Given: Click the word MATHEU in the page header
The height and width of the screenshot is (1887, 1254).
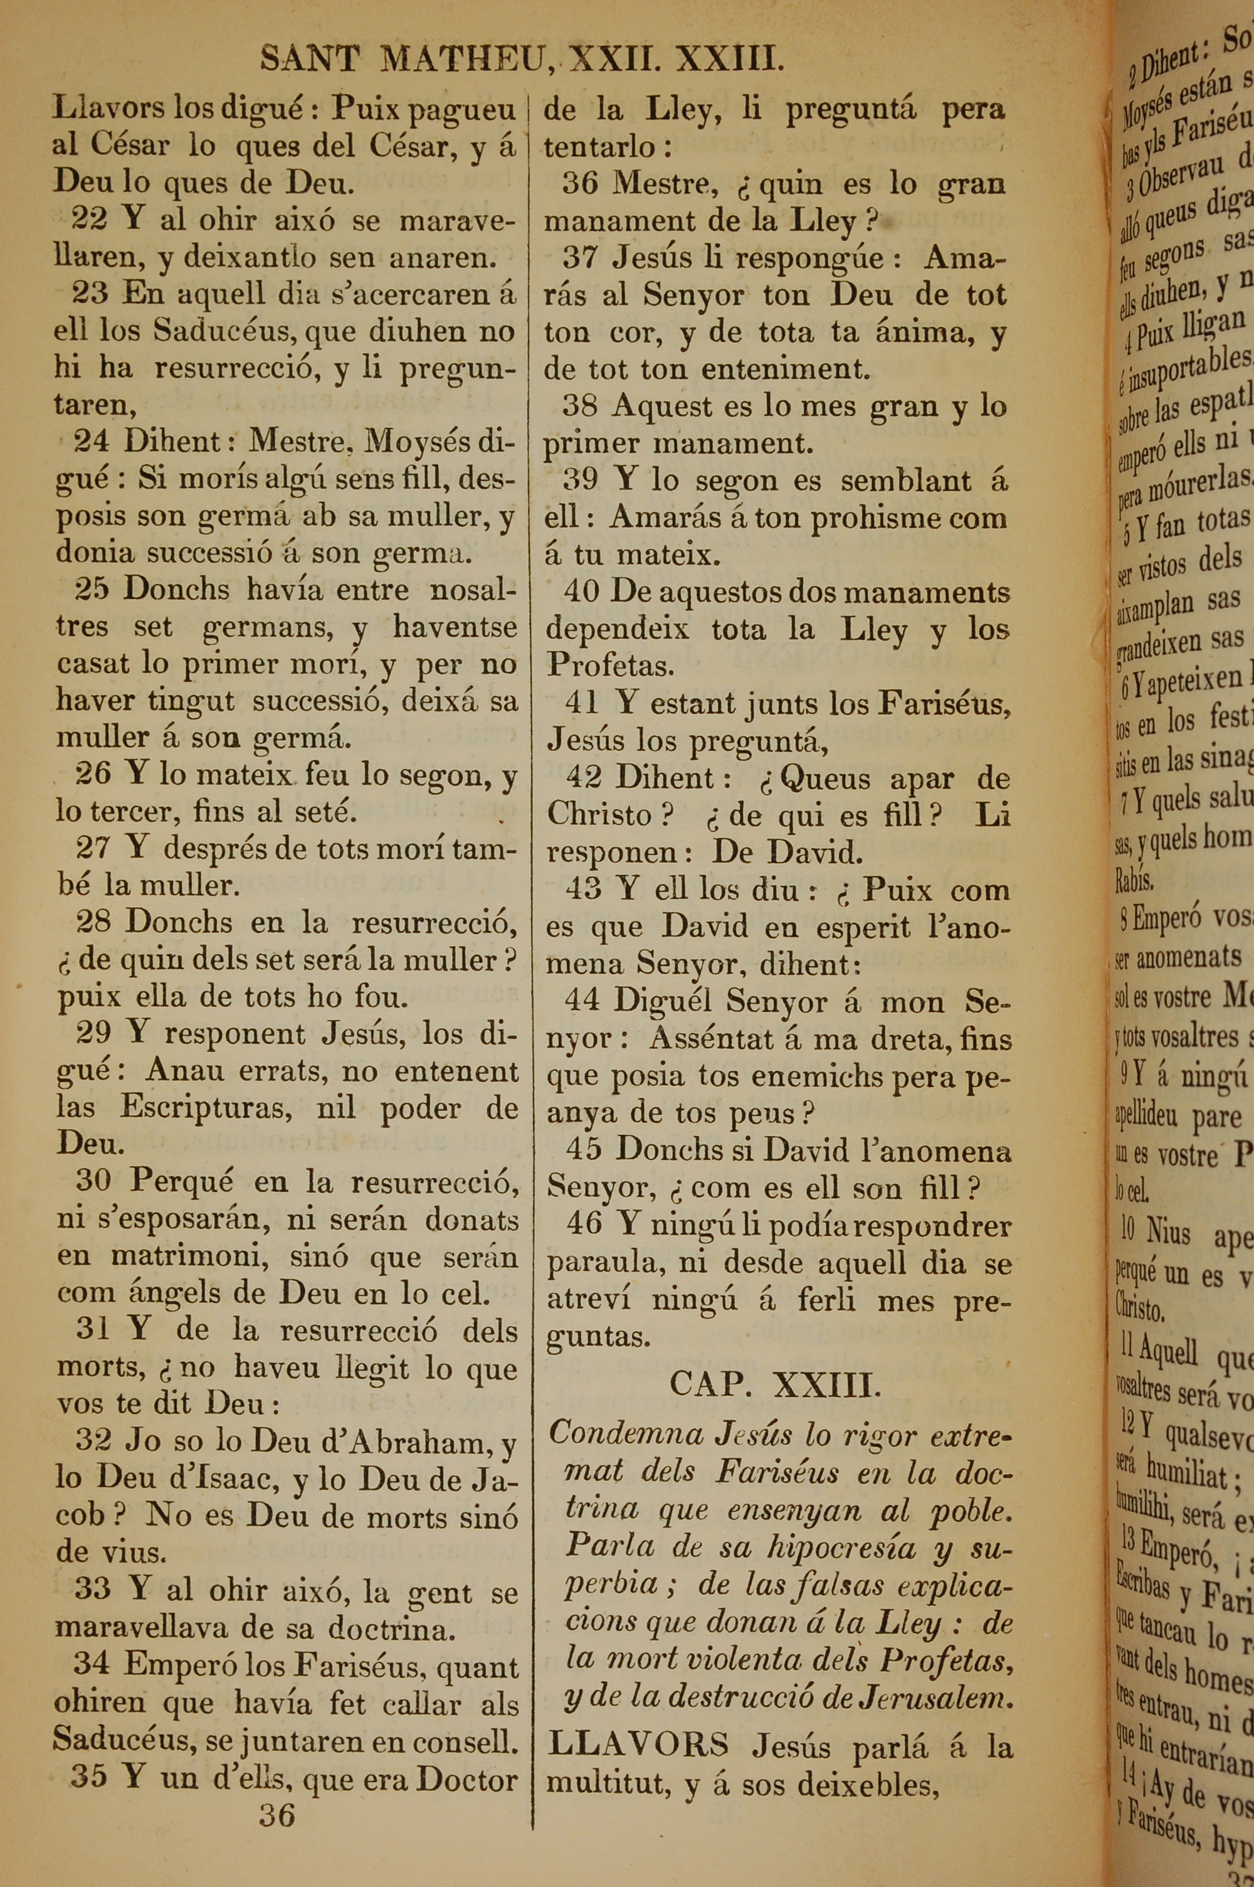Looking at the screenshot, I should pyautogui.click(x=461, y=59).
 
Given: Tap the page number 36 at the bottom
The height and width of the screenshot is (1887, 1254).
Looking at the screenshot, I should pyautogui.click(x=277, y=1815).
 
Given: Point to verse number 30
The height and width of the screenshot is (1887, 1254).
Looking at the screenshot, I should pyautogui.click(x=93, y=1180).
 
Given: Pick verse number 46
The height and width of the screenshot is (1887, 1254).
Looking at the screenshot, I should pyautogui.click(x=584, y=1225).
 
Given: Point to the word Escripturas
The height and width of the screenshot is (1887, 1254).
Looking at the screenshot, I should pyautogui.click(x=211, y=1108).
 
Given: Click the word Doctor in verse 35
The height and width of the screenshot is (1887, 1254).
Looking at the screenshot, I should pyautogui.click(x=467, y=1778).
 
